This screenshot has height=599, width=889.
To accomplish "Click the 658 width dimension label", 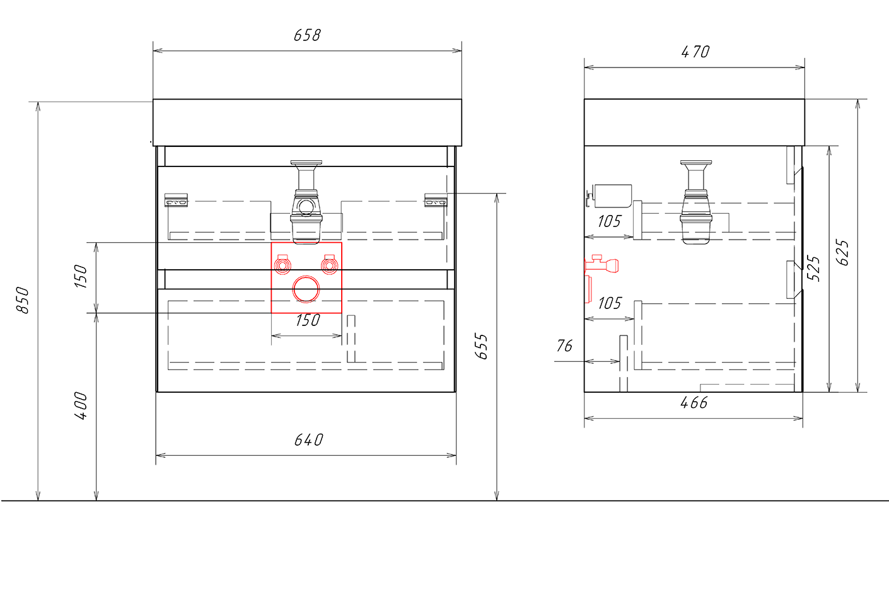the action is (x=307, y=35).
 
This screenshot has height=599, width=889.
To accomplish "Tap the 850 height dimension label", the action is (x=23, y=300).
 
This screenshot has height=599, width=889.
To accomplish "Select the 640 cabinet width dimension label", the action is (x=309, y=440).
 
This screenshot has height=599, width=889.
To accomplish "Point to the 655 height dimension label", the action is (x=481, y=347).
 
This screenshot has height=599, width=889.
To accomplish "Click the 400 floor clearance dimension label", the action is (x=81, y=405).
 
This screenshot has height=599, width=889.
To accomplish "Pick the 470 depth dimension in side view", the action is (x=695, y=52).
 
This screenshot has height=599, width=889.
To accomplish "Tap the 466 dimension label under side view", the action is (x=694, y=403).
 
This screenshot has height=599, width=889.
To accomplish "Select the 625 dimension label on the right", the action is (x=842, y=252).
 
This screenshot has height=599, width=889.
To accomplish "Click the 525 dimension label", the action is (x=813, y=269).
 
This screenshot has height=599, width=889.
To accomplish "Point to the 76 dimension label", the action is (x=564, y=346).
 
